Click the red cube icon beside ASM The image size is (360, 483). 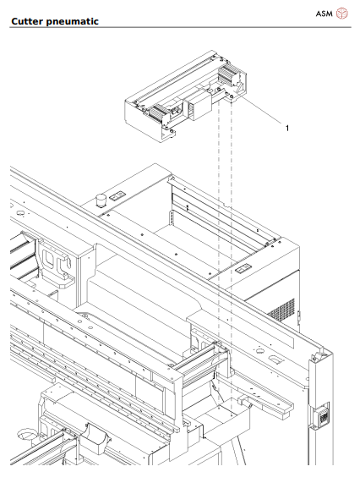click(342, 14)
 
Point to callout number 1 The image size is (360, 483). click(286, 129)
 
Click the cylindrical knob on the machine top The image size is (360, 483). click(101, 201)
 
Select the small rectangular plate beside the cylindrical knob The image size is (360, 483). click(118, 196)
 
